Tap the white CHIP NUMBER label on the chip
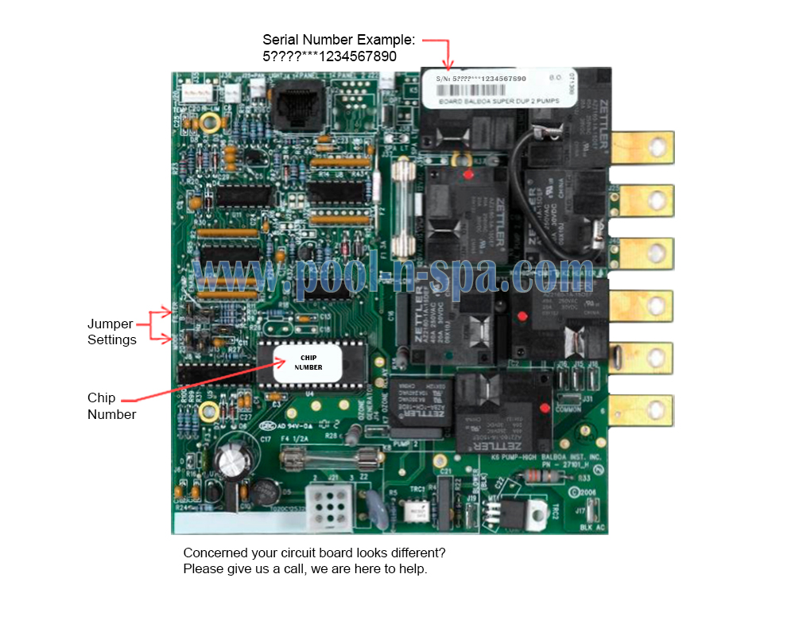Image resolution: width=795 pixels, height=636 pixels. pos(308,363)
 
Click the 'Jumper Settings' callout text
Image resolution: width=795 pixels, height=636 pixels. pos(111,332)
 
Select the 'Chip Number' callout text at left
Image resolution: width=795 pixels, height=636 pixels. pos(111,405)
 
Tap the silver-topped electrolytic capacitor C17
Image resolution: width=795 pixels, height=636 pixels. pos(231,460)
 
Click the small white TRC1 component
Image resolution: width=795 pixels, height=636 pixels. pos(414,511)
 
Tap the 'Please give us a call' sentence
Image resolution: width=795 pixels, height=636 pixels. pos(305,569)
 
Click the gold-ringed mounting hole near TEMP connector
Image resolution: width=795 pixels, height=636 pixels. pos(210,122)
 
